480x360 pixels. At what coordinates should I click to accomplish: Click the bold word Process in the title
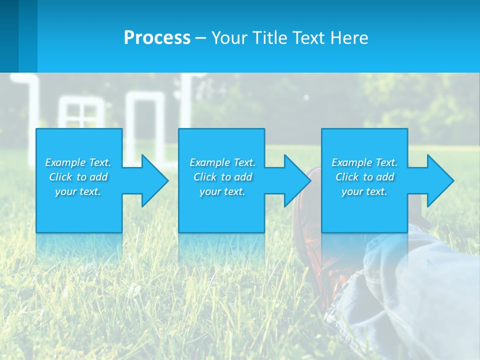tap(157, 38)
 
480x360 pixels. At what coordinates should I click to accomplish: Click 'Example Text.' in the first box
tap(78, 162)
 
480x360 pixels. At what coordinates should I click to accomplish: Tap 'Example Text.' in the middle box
tap(222, 162)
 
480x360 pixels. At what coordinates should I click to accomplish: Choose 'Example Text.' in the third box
tap(364, 162)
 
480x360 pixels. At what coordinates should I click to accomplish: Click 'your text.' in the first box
tap(78, 191)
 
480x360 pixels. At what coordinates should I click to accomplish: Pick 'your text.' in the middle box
tap(222, 191)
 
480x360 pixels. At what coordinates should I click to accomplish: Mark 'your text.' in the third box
tap(364, 191)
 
